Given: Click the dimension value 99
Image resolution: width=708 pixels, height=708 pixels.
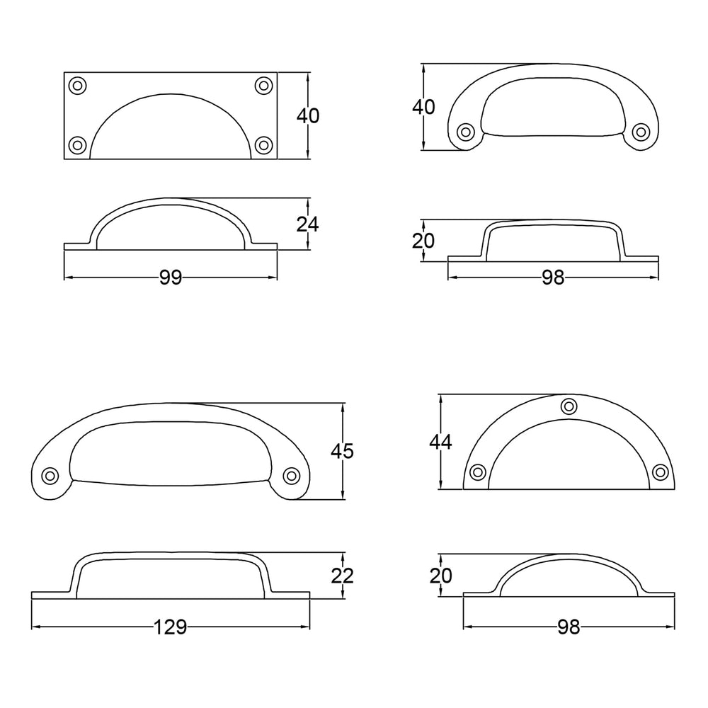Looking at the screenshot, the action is tap(171, 278).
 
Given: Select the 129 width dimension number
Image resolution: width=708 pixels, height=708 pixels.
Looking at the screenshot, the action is tap(171, 627).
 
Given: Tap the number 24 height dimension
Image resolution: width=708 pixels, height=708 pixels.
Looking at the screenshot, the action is tap(308, 224).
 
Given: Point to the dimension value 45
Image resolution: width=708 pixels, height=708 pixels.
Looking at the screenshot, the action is tap(342, 451).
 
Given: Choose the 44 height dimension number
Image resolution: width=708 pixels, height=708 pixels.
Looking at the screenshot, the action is tap(440, 442).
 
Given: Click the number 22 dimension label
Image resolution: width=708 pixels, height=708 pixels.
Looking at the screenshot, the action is tap(342, 576).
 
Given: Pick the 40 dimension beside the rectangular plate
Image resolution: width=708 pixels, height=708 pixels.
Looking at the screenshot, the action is tap(308, 115).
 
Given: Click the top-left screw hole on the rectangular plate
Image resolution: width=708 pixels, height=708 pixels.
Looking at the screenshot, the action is tap(77, 86).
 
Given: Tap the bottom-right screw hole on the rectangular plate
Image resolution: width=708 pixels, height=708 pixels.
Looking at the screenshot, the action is tap(263, 145).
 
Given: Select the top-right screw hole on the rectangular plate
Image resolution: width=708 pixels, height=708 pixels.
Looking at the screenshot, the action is tap(263, 86).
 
